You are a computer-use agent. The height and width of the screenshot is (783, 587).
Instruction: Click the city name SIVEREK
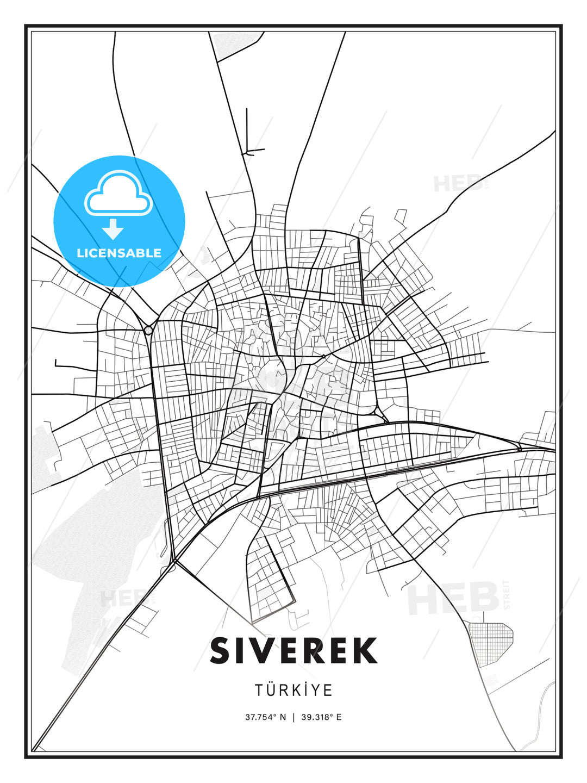tap(293, 650)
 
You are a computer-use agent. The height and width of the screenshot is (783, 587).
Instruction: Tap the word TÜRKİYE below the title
tap(293, 690)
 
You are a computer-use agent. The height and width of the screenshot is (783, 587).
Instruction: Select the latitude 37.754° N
tap(265, 717)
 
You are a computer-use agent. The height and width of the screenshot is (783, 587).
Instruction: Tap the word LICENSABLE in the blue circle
tap(119, 253)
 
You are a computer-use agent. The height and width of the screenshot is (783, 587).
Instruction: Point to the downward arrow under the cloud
tap(113, 229)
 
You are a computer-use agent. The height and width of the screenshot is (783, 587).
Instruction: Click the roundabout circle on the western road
tap(148, 330)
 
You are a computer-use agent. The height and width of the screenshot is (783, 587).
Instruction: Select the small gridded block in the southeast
tap(490, 642)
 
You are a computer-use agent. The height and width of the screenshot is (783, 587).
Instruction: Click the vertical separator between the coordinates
tap(293, 717)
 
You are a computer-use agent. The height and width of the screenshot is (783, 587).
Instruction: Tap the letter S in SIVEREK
tap(221, 650)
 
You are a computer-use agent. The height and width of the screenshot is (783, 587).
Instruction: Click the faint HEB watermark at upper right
tap(458, 183)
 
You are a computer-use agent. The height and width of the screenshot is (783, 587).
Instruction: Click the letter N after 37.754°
tap(283, 717)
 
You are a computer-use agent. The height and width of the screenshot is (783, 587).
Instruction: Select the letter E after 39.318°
tap(339, 717)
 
